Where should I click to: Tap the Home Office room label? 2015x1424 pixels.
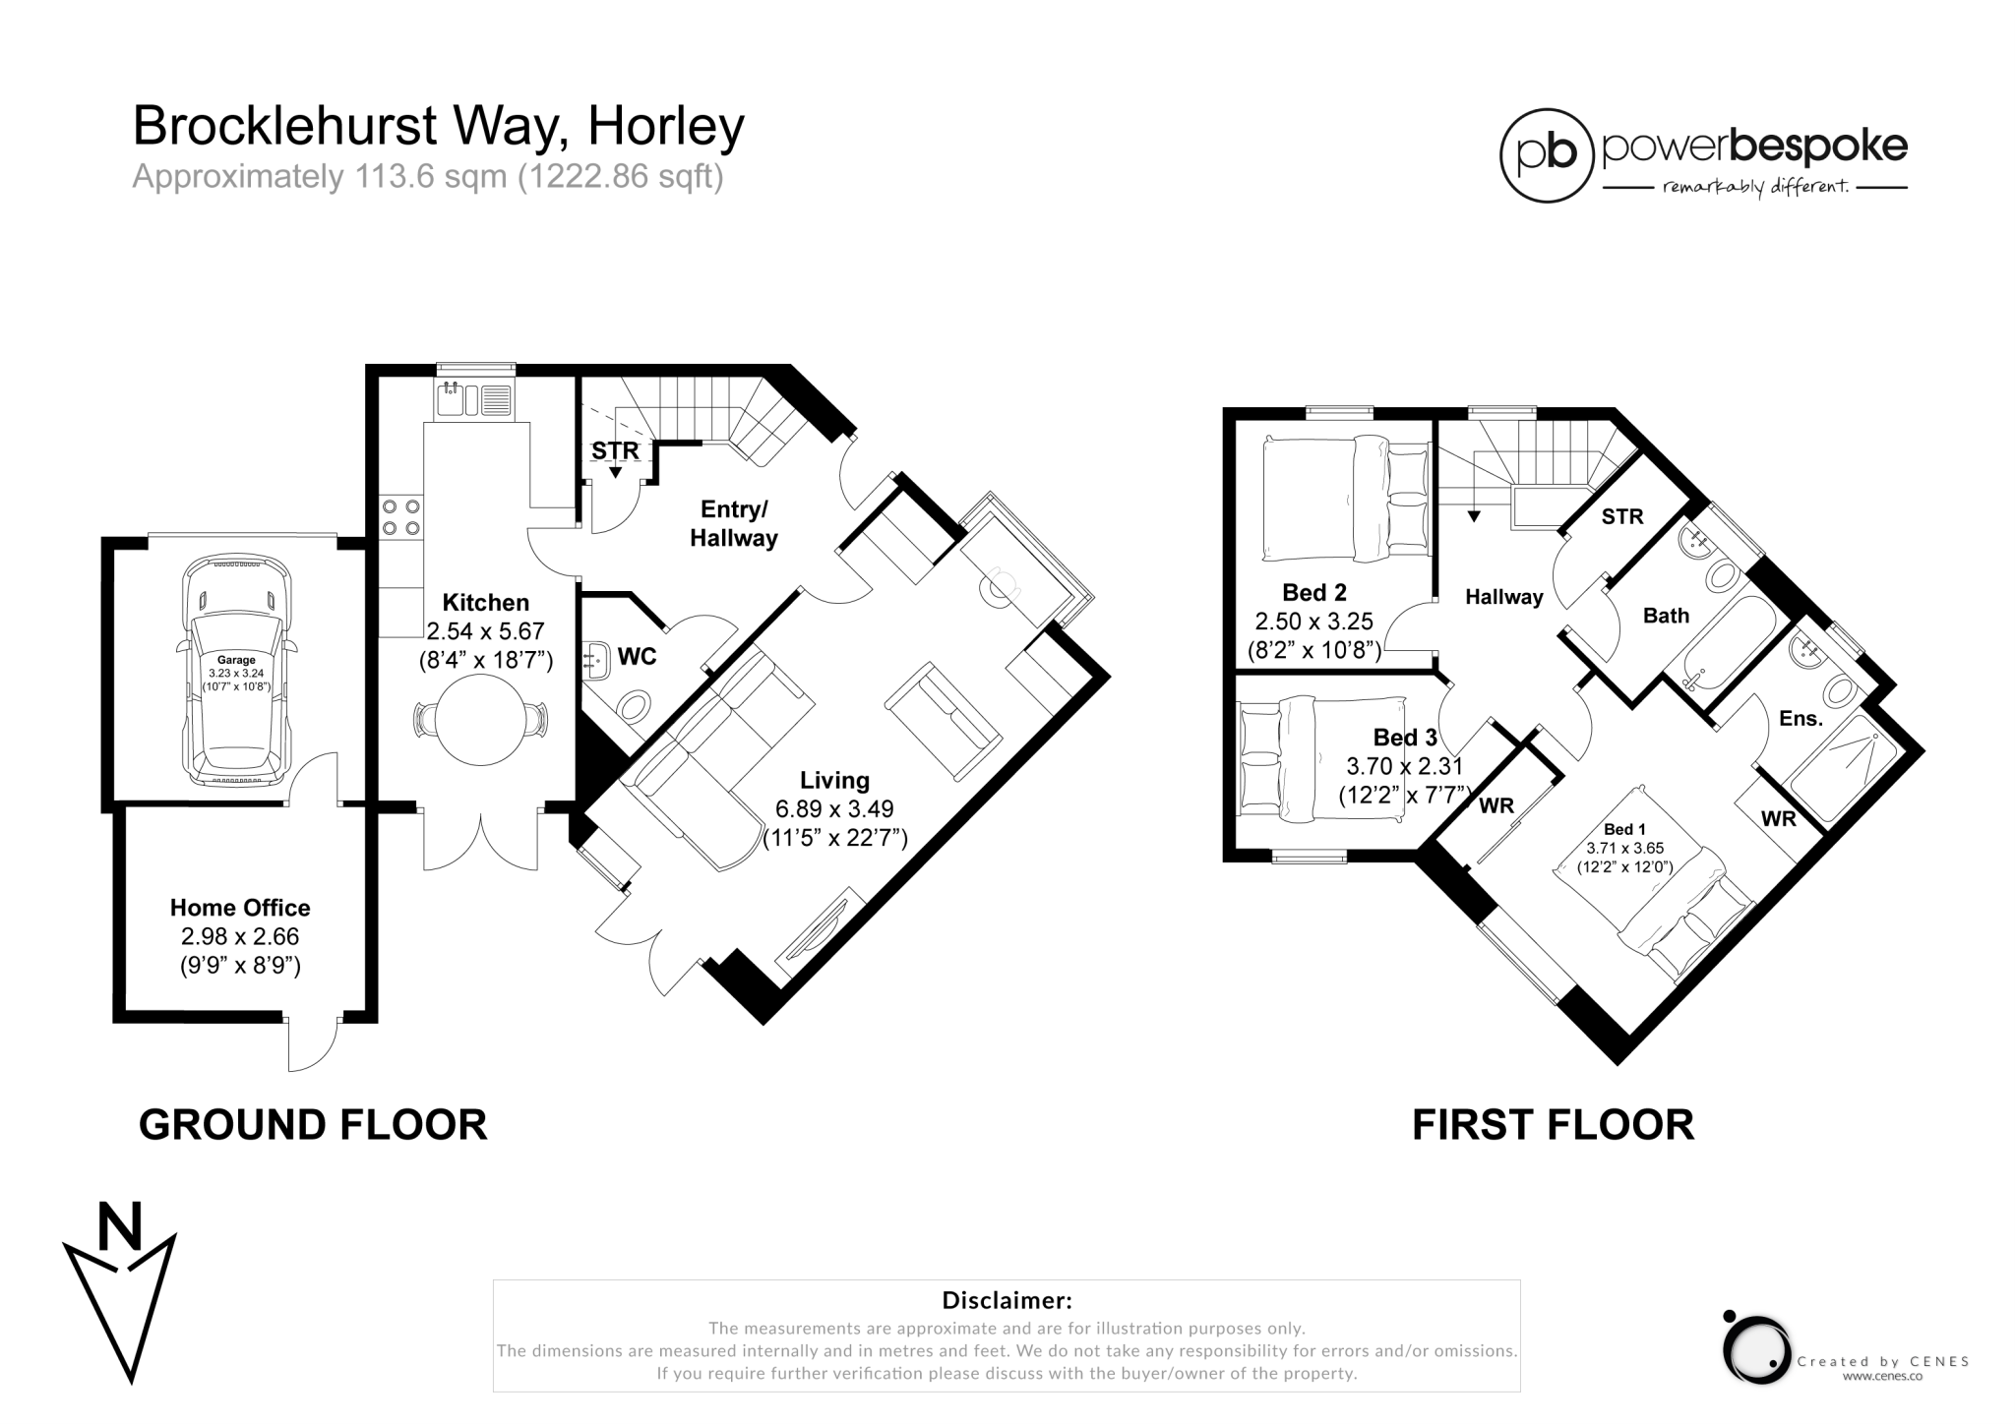pyautogui.click(x=240, y=908)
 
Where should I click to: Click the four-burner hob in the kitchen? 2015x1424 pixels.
pyautogui.click(x=400, y=518)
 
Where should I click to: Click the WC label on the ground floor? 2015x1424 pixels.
pyautogui.click(x=637, y=657)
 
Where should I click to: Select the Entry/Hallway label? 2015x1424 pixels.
pyautogui.click(x=733, y=523)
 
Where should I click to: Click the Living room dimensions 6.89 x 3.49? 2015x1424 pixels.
pyautogui.click(x=834, y=809)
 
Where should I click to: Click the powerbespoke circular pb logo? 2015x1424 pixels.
pyautogui.click(x=1547, y=155)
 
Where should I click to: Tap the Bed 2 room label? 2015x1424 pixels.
pyautogui.click(x=1313, y=592)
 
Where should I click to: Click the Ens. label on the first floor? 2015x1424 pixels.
pyautogui.click(x=1801, y=719)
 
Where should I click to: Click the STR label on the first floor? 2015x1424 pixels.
pyautogui.click(x=1621, y=516)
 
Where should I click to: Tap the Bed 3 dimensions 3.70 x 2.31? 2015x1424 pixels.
pyautogui.click(x=1404, y=766)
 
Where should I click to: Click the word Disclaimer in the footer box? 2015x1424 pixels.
pyautogui.click(x=1007, y=1300)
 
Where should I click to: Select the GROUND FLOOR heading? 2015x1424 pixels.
pyautogui.click(x=313, y=1125)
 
